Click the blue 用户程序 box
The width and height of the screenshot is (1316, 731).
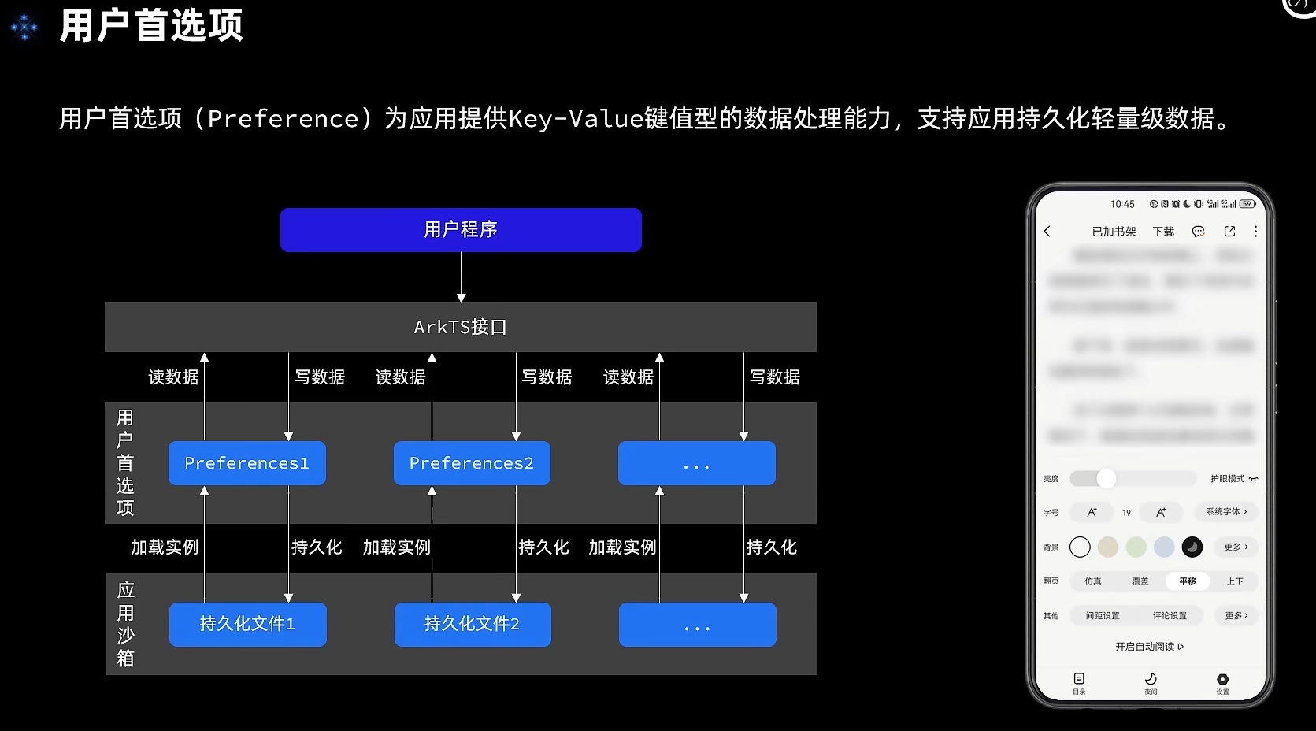pos(461,230)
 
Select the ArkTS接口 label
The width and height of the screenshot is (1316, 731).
pos(461,327)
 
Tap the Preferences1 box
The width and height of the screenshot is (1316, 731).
pos(247,463)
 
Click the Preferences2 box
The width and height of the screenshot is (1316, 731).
pos(472,463)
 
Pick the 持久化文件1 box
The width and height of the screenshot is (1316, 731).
pos(247,624)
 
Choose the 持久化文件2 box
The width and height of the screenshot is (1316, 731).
pos(473,624)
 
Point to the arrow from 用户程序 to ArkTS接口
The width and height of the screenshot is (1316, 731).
pos(461,276)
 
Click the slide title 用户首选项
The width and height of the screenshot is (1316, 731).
pos(151,26)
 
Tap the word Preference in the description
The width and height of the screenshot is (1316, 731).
pos(284,119)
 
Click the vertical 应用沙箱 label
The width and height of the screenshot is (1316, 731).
pos(125,624)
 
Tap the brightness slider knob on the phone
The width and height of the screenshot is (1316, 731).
pos(1107,478)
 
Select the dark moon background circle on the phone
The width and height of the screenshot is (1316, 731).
pos(1192,547)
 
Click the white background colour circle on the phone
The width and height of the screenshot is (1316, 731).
pos(1081,547)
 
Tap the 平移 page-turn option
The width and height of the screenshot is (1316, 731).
pos(1188,581)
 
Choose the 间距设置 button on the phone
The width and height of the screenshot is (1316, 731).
pos(1103,615)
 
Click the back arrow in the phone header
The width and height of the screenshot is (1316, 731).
pos(1047,232)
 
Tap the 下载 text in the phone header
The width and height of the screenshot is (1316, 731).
pos(1163,232)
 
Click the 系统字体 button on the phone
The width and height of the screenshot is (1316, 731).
pos(1226,512)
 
